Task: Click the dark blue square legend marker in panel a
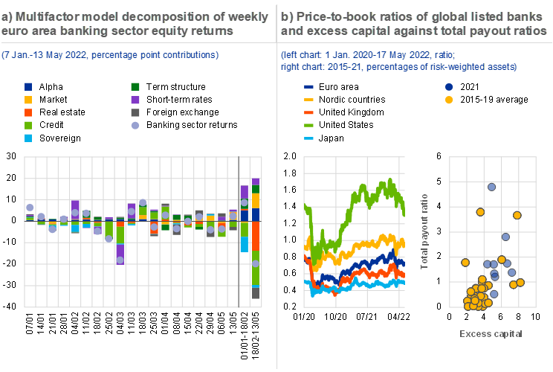(x=28, y=87)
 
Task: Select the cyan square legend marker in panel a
(x=28, y=138)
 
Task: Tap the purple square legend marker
(x=135, y=100)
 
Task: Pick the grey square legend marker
(x=135, y=112)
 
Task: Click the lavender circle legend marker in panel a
(x=135, y=125)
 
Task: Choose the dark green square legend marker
(x=135, y=87)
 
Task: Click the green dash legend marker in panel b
(x=309, y=125)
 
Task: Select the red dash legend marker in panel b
(x=309, y=112)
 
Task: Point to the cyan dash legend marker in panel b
(x=309, y=138)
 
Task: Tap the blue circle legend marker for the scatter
(x=449, y=87)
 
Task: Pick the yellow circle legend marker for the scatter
(x=449, y=100)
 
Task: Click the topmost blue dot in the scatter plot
(x=491, y=187)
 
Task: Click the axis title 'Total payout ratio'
(x=425, y=231)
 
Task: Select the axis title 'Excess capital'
(x=491, y=333)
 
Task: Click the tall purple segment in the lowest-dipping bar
(x=120, y=250)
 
